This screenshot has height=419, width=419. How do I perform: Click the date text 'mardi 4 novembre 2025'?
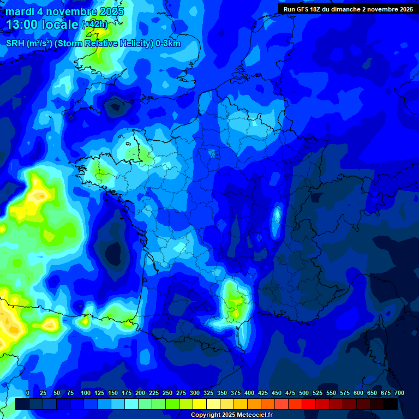tap(64, 11)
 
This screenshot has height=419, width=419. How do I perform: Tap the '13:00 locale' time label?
tap(43, 25)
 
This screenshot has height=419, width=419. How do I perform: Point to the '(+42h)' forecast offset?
tap(95, 24)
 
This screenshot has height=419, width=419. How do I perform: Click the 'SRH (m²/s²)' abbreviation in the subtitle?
tap(29, 44)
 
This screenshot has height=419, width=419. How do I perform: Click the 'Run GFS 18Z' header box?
tap(348, 9)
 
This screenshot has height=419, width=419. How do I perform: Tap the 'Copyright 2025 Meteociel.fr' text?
tap(231, 415)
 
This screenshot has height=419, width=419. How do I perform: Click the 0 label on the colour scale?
tap(28, 393)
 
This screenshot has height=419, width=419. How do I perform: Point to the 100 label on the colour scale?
tap(86, 393)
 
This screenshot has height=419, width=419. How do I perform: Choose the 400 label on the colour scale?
tap(249, 393)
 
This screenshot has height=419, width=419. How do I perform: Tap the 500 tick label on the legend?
tap(304, 393)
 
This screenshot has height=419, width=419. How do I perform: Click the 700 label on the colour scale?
tap(399, 393)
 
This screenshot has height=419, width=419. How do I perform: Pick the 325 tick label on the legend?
tap(208, 393)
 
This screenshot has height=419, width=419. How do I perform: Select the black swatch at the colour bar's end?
tap(391, 404)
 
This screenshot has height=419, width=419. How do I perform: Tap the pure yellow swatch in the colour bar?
tap(200, 404)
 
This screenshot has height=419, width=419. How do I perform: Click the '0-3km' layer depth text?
tap(168, 44)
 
